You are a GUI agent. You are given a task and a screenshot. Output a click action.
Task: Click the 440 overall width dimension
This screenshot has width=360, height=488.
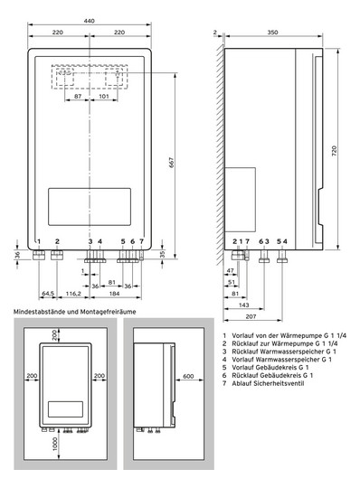click(89, 21)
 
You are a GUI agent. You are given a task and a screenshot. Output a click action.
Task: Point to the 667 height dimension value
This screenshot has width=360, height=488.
click(171, 163)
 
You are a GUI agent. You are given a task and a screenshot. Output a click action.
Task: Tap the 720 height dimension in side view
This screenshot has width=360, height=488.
click(334, 151)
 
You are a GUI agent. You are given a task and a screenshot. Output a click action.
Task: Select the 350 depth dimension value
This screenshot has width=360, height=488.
click(272, 32)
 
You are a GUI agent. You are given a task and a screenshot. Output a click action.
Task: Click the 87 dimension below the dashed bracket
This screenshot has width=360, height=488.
click(78, 97)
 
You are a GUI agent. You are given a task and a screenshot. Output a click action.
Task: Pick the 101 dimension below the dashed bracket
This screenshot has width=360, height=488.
click(104, 97)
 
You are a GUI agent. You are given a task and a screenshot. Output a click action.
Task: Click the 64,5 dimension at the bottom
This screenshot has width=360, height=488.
click(48, 293)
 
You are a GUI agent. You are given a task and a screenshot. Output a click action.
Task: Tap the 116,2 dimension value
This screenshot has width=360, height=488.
click(73, 293)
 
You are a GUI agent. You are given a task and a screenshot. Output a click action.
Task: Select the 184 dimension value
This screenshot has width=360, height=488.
click(114, 293)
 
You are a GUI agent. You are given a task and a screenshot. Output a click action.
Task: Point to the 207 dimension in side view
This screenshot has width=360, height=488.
click(251, 316)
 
